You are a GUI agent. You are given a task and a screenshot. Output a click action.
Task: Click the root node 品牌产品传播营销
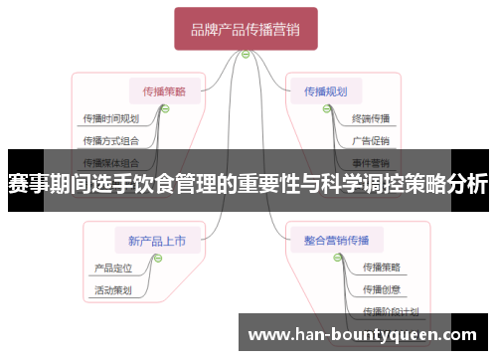(x=246, y=29)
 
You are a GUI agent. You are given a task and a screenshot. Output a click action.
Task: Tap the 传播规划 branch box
(x=326, y=90)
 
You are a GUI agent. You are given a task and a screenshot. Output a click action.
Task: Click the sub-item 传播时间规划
(x=110, y=118)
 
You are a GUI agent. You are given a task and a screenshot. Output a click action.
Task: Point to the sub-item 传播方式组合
(x=110, y=140)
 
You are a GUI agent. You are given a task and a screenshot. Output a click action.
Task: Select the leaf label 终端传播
(x=371, y=118)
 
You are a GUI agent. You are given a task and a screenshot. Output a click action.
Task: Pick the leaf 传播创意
(x=382, y=289)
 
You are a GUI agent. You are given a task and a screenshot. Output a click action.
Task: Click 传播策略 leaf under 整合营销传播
(x=382, y=267)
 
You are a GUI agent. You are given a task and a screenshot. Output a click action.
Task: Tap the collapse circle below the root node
(x=246, y=55)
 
